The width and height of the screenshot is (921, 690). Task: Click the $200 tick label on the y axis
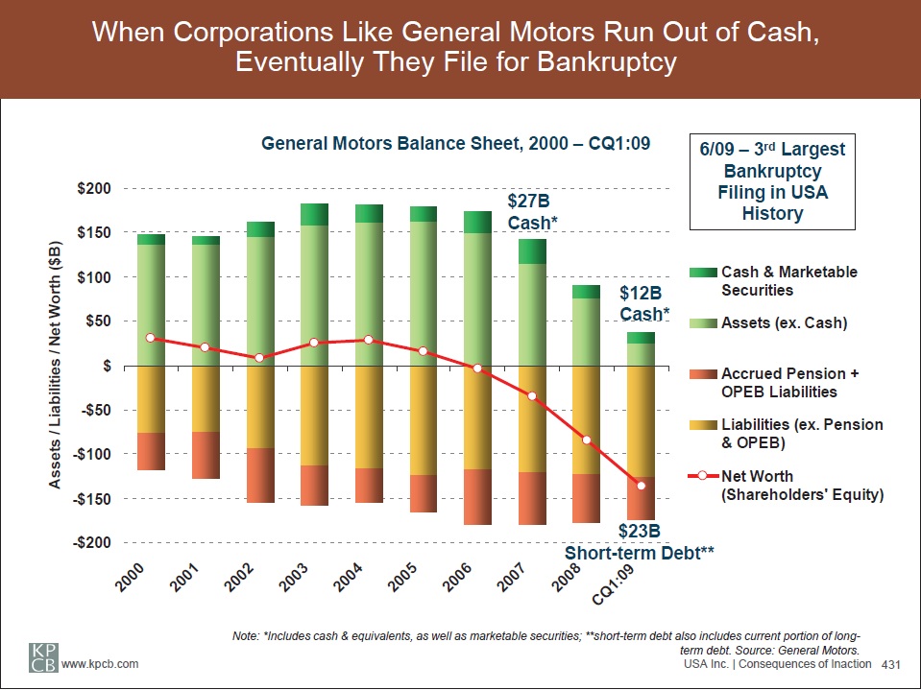(x=93, y=189)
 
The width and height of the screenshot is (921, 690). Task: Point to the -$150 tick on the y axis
(x=91, y=499)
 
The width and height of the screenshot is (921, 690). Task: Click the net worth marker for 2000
(x=150, y=338)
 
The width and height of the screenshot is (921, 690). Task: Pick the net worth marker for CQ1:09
(x=641, y=486)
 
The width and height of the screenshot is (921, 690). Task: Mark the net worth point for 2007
(x=531, y=396)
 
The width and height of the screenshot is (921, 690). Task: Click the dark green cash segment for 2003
(x=314, y=214)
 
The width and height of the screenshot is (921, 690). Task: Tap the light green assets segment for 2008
(x=586, y=332)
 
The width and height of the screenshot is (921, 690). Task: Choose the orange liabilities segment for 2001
(x=205, y=399)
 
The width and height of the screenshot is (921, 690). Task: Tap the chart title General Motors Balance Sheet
(x=456, y=144)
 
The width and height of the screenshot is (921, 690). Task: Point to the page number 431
(x=894, y=665)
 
